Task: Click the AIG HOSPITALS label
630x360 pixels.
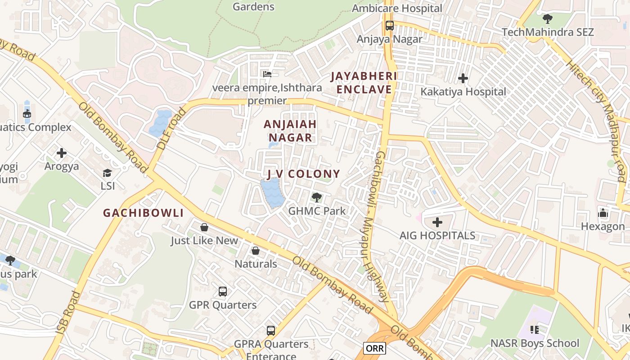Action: click(x=437, y=235)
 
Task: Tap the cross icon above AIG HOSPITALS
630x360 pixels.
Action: click(x=437, y=222)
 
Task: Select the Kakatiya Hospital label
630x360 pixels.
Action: click(x=463, y=92)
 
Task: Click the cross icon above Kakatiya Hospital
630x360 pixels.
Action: click(x=463, y=79)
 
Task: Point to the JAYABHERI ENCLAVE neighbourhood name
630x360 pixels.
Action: click(x=364, y=83)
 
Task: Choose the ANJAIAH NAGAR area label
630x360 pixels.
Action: click(x=290, y=131)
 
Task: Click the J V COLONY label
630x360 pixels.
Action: click(x=303, y=174)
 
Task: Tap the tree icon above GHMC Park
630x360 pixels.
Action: click(x=317, y=197)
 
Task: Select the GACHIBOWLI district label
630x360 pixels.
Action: click(x=143, y=213)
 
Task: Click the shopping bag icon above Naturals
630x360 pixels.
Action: click(x=256, y=251)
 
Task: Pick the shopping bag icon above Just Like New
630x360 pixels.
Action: click(x=204, y=227)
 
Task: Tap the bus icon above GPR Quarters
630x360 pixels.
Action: click(x=223, y=292)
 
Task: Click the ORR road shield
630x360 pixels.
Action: click(x=374, y=348)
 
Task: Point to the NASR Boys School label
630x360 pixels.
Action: click(x=535, y=343)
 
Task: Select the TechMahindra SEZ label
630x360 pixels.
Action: click(x=548, y=32)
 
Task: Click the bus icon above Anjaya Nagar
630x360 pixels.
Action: click(x=390, y=26)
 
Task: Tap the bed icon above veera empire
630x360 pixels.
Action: click(x=267, y=74)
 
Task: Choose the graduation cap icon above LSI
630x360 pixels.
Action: click(x=107, y=173)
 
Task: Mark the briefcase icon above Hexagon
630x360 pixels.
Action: click(x=603, y=213)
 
